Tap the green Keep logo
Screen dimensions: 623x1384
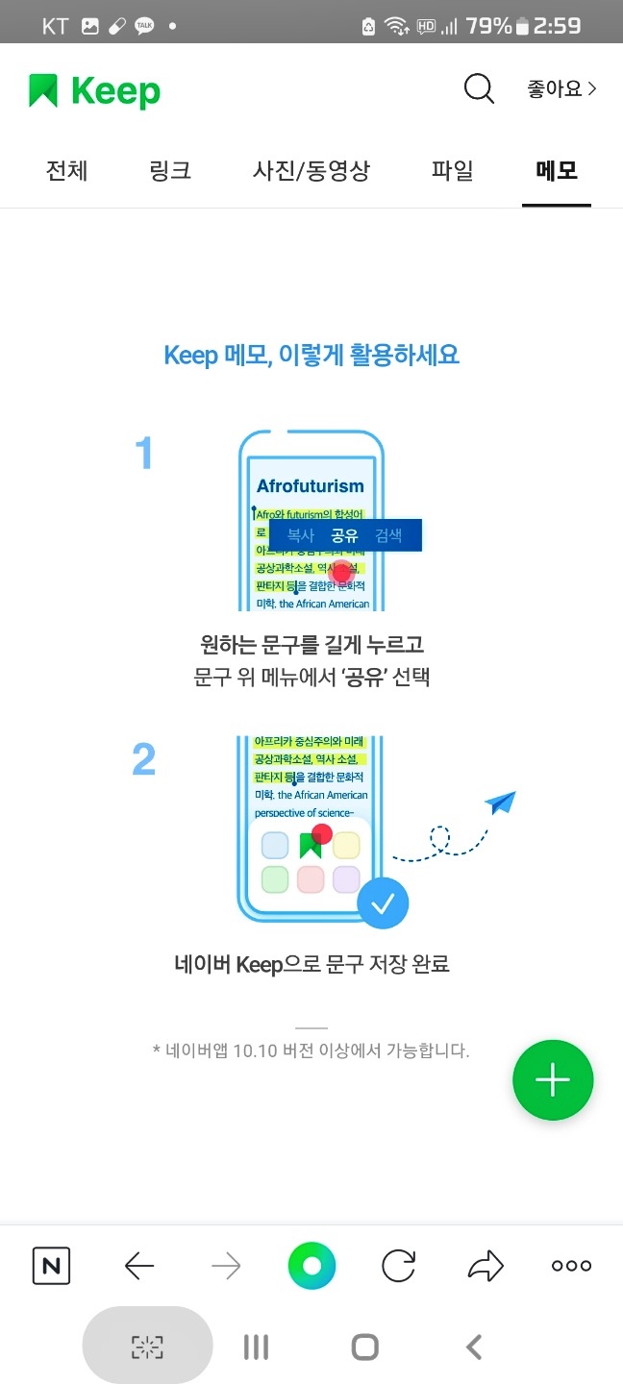[94, 91]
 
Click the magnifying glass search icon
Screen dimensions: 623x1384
[478, 89]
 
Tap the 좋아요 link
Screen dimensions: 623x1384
[561, 89]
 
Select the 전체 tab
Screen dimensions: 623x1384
[67, 171]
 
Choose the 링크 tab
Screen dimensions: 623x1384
[170, 171]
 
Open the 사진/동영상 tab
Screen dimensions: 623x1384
[311, 171]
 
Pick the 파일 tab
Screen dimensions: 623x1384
[452, 171]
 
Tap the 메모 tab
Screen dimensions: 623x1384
[557, 171]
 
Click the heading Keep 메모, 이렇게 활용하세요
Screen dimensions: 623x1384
[311, 355]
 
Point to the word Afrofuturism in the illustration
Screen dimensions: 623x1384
[311, 486]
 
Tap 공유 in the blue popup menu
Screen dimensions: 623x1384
[344, 535]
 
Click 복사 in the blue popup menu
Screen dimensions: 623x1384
[301, 535]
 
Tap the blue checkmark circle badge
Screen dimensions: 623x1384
[383, 903]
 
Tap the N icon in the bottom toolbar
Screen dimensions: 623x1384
[51, 1266]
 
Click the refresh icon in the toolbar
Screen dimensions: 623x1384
[398, 1266]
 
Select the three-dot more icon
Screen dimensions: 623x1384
[571, 1266]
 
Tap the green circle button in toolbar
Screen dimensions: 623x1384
[311, 1266]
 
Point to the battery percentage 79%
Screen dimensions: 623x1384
[488, 26]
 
